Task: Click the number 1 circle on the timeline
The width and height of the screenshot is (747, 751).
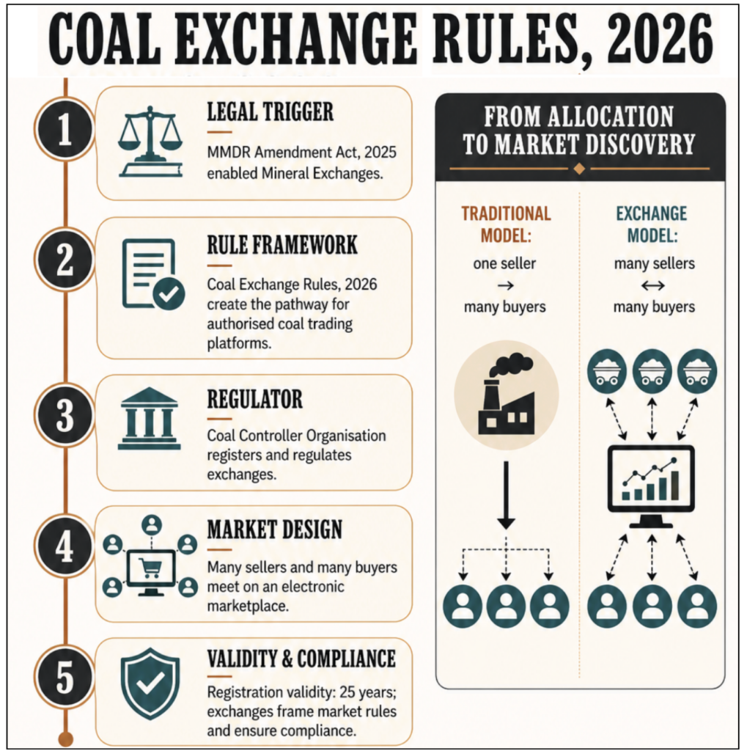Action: pos(65,129)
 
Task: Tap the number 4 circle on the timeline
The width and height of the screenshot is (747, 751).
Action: pos(65,546)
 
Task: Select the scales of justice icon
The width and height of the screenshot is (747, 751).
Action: pos(150,142)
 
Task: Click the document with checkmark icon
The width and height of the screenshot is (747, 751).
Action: pos(153,274)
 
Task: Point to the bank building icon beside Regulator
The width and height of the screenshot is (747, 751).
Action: pos(150,418)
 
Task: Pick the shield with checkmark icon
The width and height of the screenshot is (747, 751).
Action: pos(150,684)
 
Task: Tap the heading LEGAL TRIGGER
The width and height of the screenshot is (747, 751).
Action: pos(270,112)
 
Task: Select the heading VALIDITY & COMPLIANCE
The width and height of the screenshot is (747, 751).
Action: pos(302,659)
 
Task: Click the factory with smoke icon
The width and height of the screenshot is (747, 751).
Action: pos(507,395)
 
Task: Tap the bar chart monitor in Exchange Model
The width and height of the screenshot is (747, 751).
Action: pos(651,486)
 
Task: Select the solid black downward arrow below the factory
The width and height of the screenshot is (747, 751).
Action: pos(506,495)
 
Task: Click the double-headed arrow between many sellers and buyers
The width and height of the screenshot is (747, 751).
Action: pos(652,286)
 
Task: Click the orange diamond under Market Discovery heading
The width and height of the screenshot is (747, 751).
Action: pos(579,169)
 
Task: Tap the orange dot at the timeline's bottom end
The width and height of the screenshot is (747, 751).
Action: pos(65,738)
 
